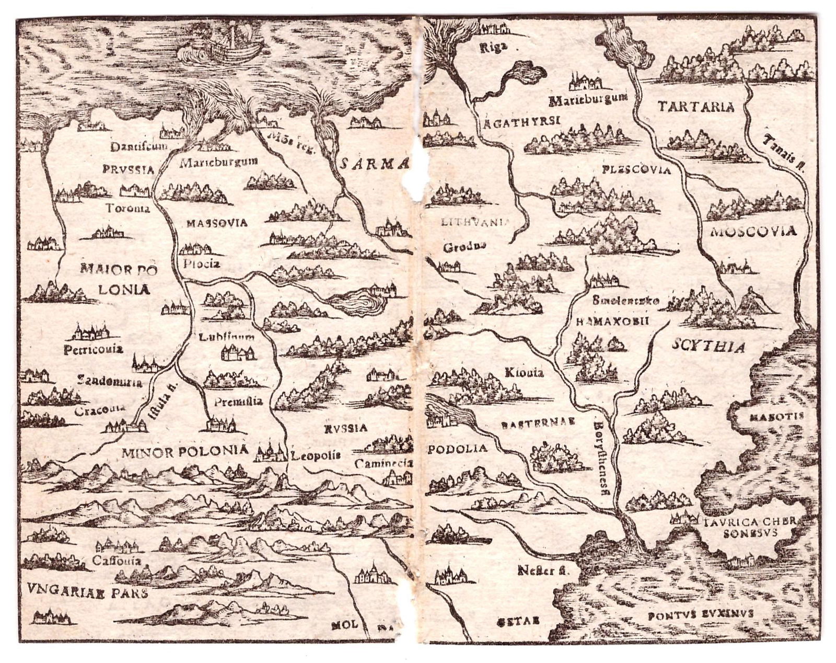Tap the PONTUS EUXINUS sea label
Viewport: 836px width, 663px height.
700,614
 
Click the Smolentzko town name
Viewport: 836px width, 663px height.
626,301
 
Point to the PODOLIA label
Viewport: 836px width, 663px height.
457,449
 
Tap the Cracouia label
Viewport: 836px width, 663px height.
99,410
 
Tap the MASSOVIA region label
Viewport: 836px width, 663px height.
216,223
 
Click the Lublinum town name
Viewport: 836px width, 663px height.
227,337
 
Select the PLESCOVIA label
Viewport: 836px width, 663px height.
636,170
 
